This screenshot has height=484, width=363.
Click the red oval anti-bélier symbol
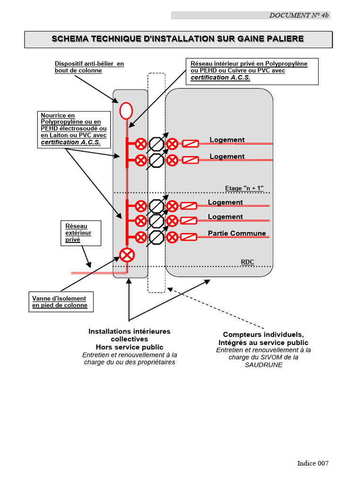(x=126, y=111)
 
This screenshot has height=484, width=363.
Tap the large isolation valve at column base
(x=127, y=255)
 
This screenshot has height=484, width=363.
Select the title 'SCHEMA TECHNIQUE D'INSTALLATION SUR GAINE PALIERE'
(x=178, y=39)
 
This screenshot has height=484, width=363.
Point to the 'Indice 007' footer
(x=312, y=463)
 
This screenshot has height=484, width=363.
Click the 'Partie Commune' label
(x=237, y=233)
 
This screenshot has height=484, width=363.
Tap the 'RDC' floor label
(x=247, y=262)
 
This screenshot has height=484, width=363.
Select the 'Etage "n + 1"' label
(x=244, y=188)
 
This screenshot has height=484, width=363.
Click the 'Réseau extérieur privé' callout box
(x=81, y=233)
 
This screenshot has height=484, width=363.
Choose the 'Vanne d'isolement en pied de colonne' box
(x=60, y=302)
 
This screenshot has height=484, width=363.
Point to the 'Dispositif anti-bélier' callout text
(x=89, y=67)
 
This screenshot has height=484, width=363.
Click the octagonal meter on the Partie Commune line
(x=156, y=237)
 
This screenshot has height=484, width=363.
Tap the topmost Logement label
(x=227, y=139)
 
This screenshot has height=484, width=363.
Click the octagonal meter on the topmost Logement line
(x=156, y=144)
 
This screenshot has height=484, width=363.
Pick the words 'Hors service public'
(x=130, y=347)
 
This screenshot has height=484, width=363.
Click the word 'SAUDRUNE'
(x=263, y=365)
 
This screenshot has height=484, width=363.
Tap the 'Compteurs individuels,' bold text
(x=263, y=335)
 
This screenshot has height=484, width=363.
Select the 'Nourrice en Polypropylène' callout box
(x=74, y=129)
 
